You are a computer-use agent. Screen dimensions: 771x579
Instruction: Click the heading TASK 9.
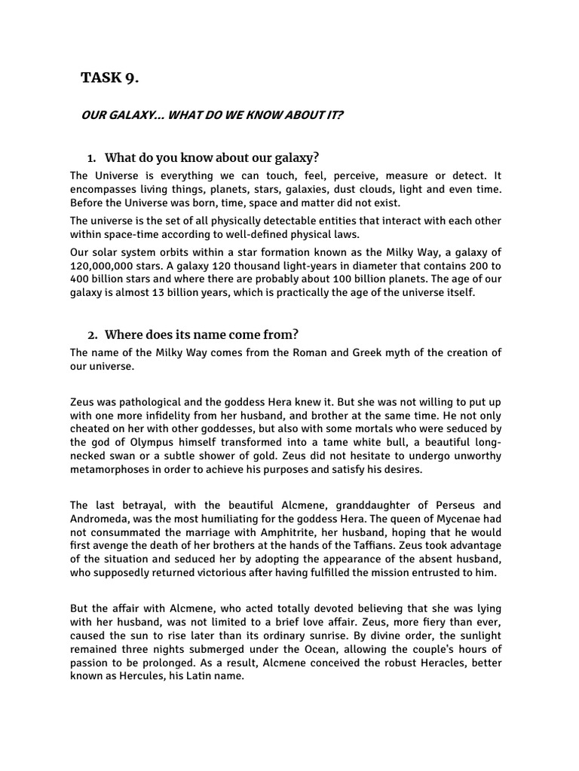(109, 78)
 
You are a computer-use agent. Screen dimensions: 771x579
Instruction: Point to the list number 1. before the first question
(92, 158)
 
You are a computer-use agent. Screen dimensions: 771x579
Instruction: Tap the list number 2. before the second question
(92, 334)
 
